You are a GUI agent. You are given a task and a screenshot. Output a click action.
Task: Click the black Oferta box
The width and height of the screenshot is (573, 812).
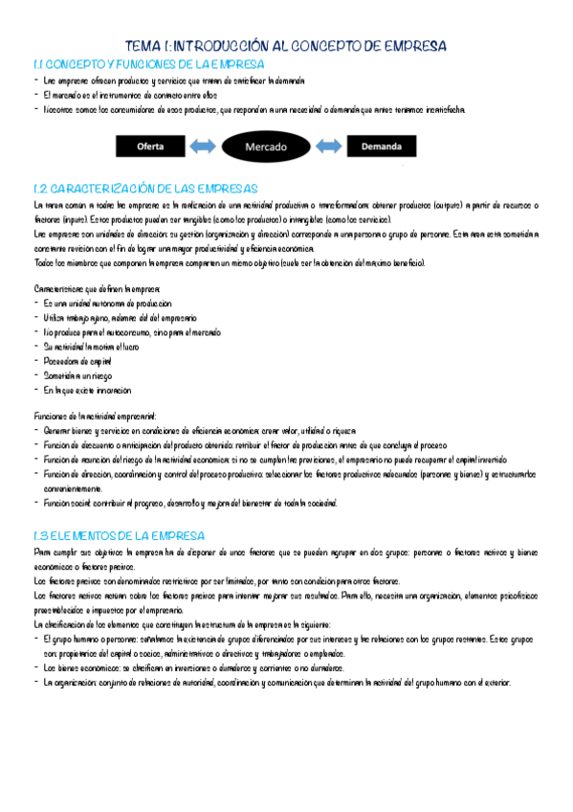[150, 147]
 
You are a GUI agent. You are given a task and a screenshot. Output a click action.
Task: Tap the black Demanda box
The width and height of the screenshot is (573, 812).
[383, 147]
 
